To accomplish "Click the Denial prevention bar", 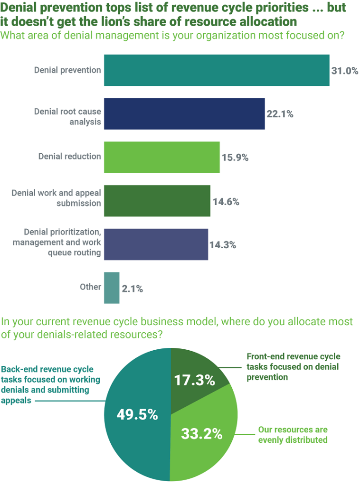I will tap(217, 70).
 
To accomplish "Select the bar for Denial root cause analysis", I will tap(184, 114).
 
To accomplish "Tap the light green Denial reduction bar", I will tap(161, 157).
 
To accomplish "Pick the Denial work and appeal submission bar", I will tap(157, 201).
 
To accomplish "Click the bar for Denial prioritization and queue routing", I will tap(156, 244).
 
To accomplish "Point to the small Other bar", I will tap(112, 288).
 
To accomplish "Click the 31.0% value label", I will tap(344, 71).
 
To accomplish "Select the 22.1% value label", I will tap(280, 114).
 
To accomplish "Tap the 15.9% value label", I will tap(235, 158).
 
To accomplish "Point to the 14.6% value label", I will tap(226, 202).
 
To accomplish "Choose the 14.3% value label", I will tap(223, 245).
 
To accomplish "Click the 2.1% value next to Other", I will tap(132, 289).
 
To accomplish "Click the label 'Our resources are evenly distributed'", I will tap(293, 435).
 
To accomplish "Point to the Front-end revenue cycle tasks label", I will tap(293, 367).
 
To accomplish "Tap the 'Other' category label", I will tap(90, 287).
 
